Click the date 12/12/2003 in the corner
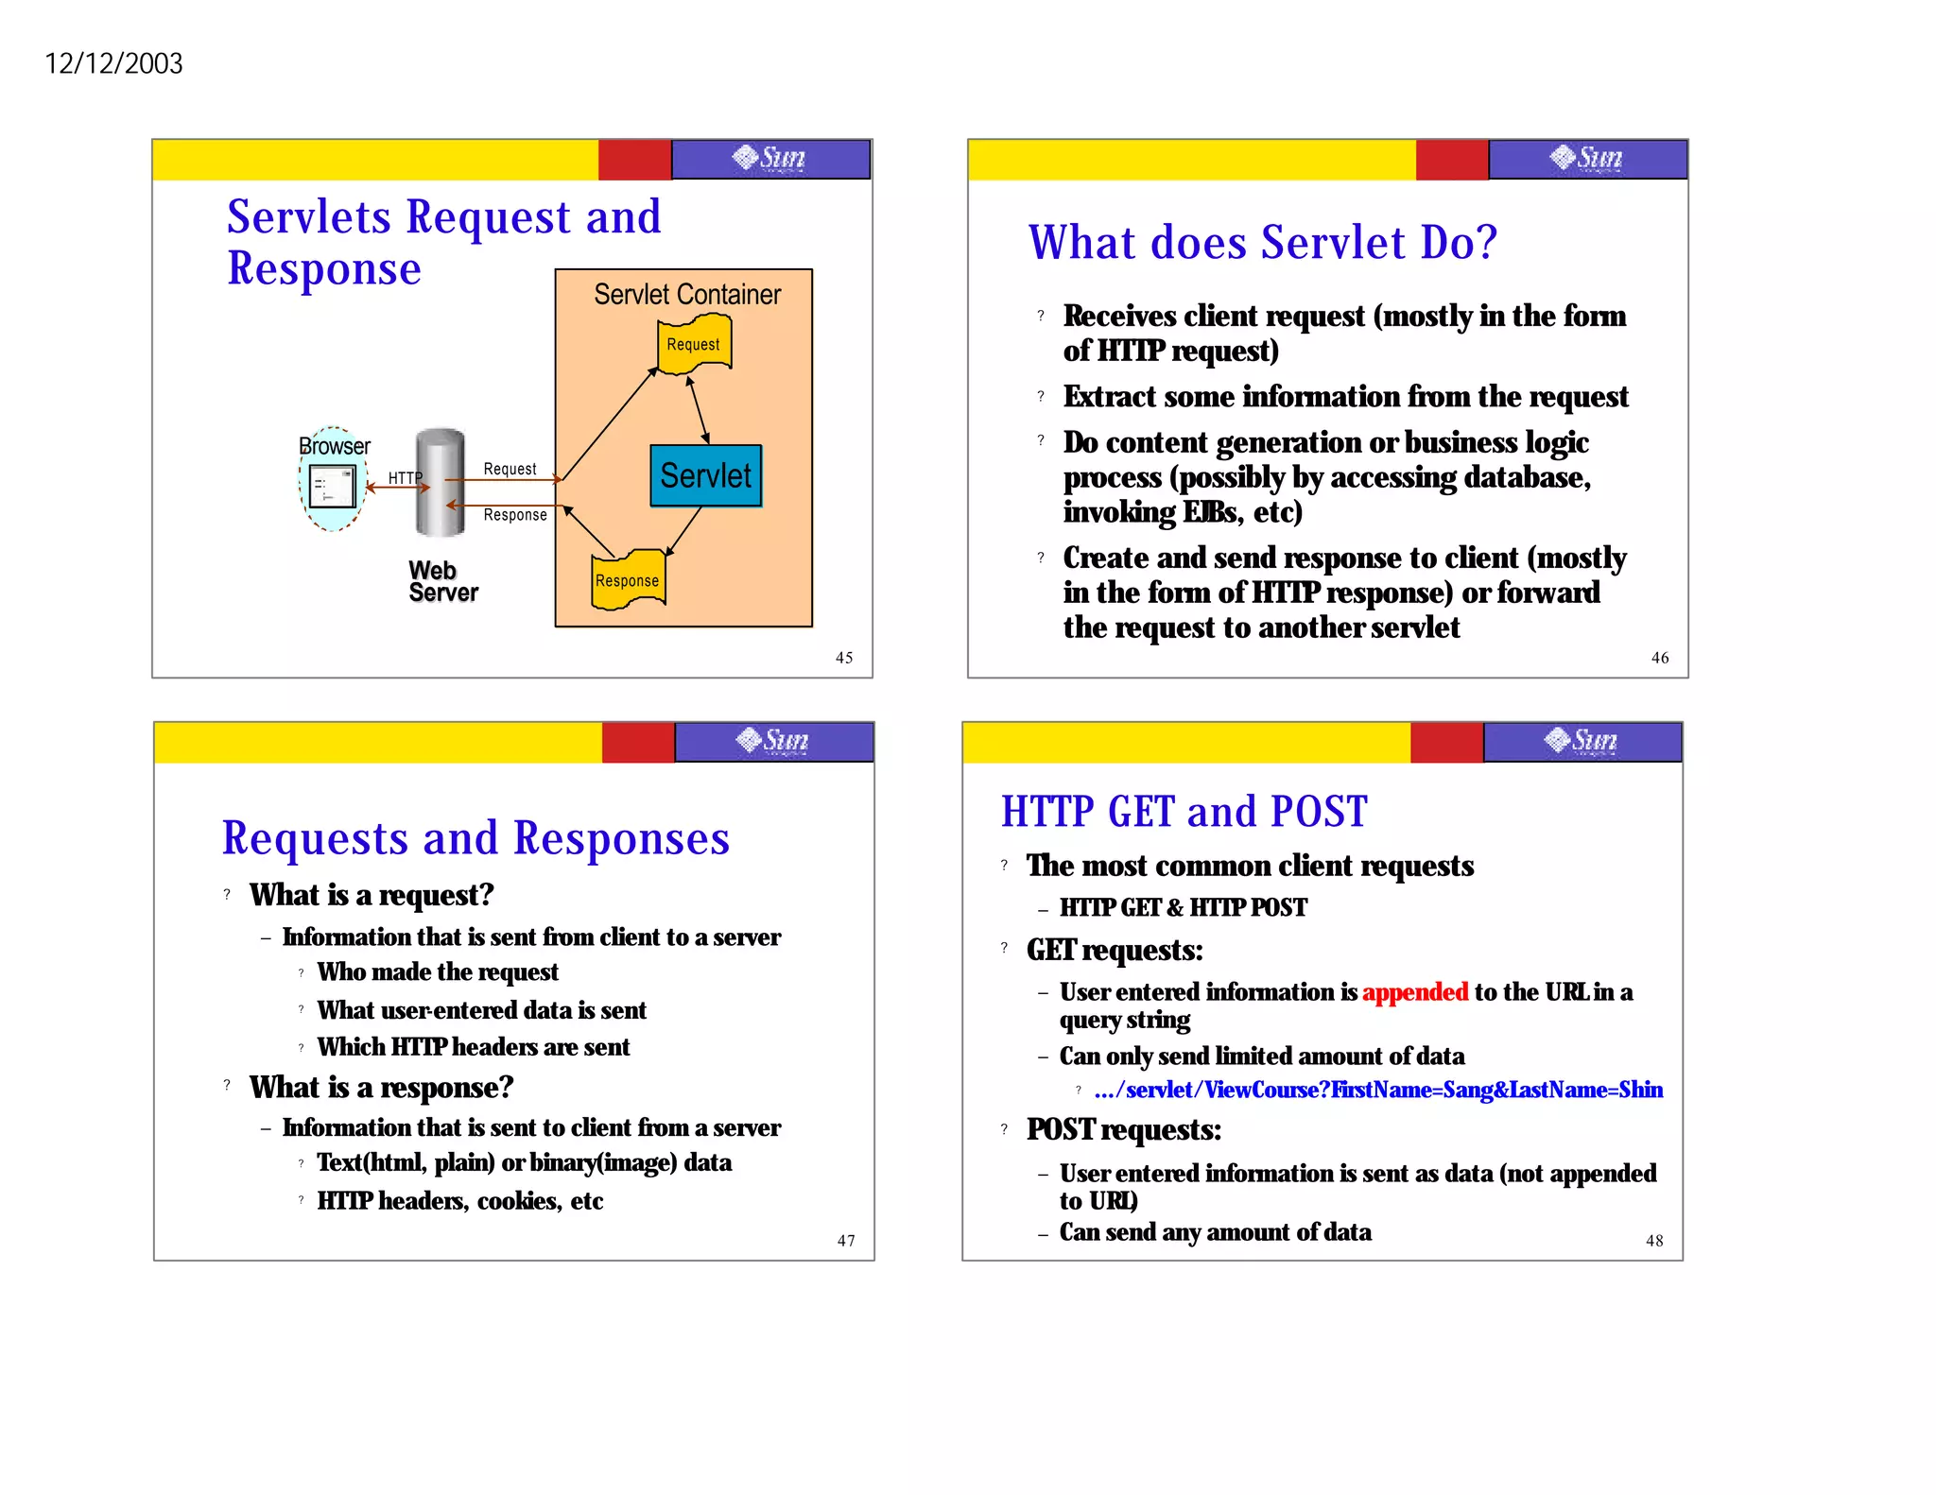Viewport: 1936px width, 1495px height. click(113, 63)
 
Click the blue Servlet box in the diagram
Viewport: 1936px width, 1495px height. click(705, 475)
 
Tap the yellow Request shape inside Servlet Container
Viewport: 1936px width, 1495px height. click(694, 345)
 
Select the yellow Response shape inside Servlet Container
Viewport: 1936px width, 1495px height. click(628, 579)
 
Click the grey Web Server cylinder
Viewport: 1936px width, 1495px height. click(441, 483)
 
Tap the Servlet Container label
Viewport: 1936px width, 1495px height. click(687, 294)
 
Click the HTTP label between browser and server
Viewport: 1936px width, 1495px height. click(405, 478)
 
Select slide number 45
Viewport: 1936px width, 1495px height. click(844, 658)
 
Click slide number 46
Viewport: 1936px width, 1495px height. click(1660, 658)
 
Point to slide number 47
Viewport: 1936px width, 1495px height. click(846, 1241)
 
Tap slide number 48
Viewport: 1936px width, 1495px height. click(1654, 1241)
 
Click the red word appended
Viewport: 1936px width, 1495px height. click(1414, 991)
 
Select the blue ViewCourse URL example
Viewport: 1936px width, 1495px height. click(1378, 1090)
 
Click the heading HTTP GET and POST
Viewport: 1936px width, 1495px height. click(1184, 812)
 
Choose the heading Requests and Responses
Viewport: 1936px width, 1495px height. click(475, 838)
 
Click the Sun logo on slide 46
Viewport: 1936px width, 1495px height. click(1587, 158)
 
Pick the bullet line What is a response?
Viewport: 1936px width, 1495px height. click(381, 1088)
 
